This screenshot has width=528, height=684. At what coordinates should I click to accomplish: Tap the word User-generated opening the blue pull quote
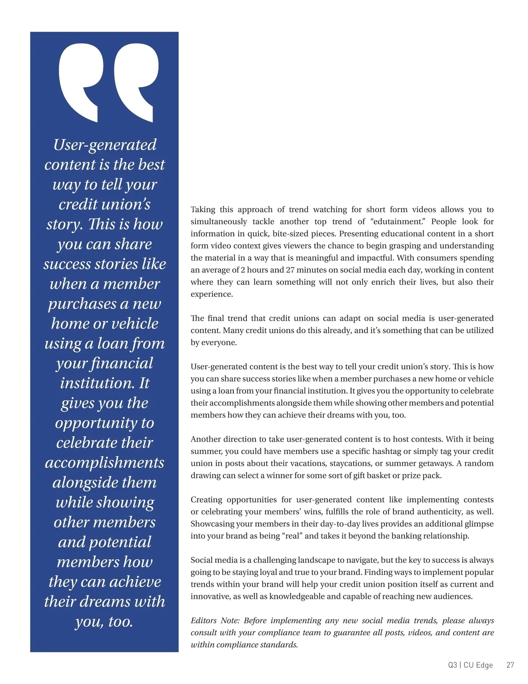click(105, 144)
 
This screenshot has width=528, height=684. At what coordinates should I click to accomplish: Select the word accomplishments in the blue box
click(105, 462)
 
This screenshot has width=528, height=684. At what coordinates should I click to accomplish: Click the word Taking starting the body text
click(203, 210)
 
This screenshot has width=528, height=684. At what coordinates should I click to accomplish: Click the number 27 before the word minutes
click(291, 270)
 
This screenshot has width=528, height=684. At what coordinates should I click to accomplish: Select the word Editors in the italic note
click(204, 621)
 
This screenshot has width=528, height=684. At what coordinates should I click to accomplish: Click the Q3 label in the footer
click(453, 665)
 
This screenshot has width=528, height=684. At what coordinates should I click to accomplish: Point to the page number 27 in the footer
click(510, 665)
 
